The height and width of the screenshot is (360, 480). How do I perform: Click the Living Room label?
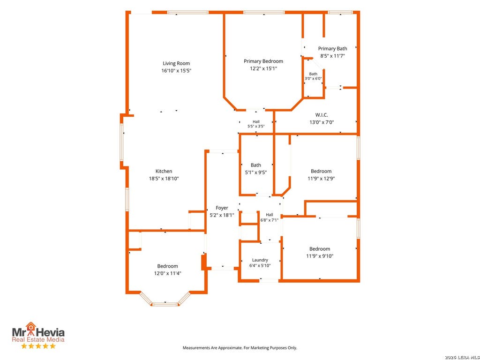click(x=176, y=63)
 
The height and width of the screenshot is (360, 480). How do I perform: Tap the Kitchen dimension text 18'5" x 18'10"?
click(x=164, y=179)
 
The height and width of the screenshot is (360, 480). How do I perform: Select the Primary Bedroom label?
click(x=263, y=61)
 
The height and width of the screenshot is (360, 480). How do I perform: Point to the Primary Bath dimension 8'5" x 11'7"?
click(x=332, y=56)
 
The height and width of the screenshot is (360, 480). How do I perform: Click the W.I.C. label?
click(x=322, y=115)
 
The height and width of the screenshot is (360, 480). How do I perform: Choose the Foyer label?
click(x=222, y=208)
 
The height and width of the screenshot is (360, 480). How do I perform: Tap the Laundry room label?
click(x=260, y=260)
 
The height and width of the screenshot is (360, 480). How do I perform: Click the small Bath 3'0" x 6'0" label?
click(x=313, y=76)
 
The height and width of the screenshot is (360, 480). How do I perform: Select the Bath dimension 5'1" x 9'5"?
click(x=256, y=172)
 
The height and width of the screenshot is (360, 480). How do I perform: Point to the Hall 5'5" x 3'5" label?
click(x=256, y=124)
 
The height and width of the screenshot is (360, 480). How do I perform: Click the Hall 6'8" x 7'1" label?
click(x=270, y=217)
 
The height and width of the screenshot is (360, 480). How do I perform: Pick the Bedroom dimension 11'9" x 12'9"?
click(x=321, y=179)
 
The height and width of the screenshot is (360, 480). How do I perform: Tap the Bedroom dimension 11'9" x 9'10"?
click(x=320, y=256)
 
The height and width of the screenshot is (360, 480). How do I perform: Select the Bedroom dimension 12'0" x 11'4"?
click(x=167, y=273)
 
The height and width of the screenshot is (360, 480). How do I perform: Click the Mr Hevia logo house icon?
click(x=30, y=327)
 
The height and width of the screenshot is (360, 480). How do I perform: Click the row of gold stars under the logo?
click(x=38, y=346)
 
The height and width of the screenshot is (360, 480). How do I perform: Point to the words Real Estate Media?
click(x=38, y=339)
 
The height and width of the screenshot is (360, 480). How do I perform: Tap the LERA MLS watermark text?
click(x=462, y=357)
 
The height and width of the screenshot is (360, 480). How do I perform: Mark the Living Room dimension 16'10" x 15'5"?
click(x=176, y=71)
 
